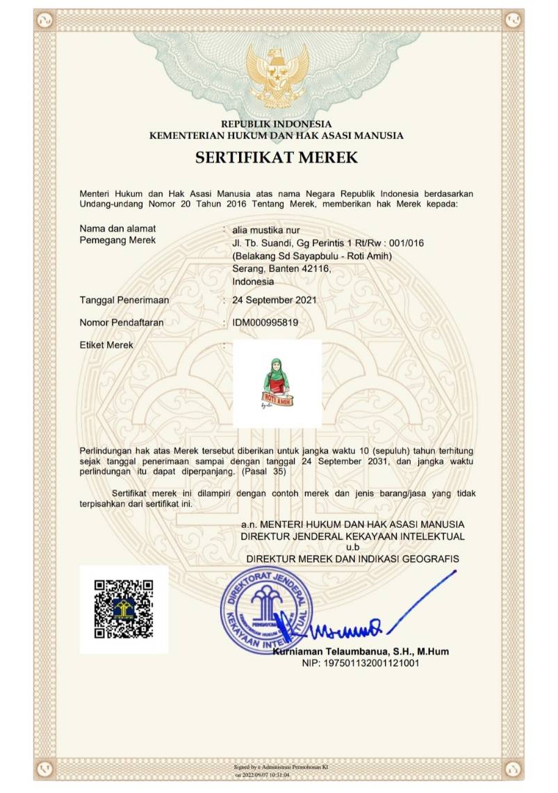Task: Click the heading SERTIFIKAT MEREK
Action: [x=277, y=158]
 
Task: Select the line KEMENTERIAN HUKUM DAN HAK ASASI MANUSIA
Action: [x=277, y=136]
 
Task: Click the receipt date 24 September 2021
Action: [x=274, y=300]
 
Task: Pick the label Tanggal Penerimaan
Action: [x=124, y=300]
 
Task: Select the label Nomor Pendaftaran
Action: [x=124, y=323]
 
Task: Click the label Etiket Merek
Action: [x=106, y=345]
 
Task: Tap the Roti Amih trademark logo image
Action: [x=277, y=384]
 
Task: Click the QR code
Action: [x=124, y=609]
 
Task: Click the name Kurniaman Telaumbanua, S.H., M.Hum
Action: [x=361, y=652]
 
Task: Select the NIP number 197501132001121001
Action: [x=361, y=664]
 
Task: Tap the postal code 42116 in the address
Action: [x=315, y=269]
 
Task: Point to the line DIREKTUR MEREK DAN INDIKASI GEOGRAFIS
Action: [x=353, y=559]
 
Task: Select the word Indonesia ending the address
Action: [x=253, y=282]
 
